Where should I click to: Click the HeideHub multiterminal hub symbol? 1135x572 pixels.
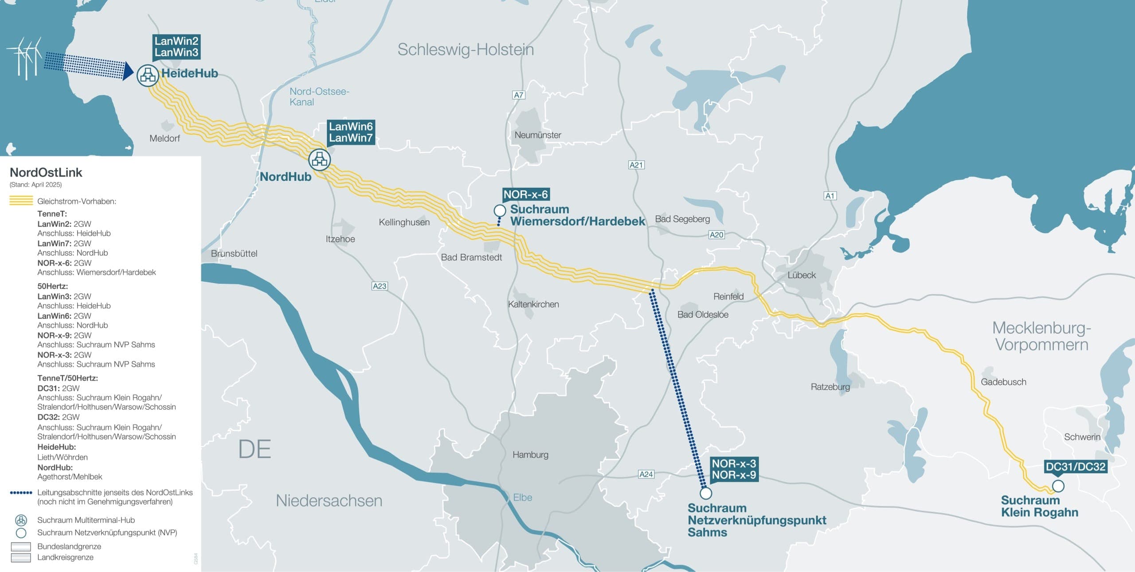click(x=148, y=75)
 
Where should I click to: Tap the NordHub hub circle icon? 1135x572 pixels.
click(x=319, y=160)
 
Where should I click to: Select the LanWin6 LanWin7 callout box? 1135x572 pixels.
click(x=351, y=132)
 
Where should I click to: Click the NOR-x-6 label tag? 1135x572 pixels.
click(x=526, y=195)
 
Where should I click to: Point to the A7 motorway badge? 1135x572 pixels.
click(x=518, y=95)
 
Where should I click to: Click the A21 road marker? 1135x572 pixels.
click(x=636, y=165)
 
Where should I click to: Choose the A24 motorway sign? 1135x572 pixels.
click(x=646, y=474)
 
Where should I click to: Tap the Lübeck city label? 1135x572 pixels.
click(x=802, y=275)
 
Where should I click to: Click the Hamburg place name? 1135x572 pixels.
click(x=530, y=455)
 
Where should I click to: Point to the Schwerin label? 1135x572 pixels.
click(x=1082, y=437)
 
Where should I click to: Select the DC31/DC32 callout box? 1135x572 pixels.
click(x=1075, y=467)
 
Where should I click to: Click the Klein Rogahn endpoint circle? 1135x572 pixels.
click(x=1058, y=486)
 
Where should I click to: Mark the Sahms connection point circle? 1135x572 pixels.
click(x=705, y=493)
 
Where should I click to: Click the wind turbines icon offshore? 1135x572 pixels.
click(x=24, y=58)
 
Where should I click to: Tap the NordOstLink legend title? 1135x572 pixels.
click(x=46, y=172)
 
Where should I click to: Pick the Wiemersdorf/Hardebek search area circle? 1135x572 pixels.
click(x=500, y=210)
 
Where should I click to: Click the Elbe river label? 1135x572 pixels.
click(x=522, y=498)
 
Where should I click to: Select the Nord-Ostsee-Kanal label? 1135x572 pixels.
click(x=319, y=97)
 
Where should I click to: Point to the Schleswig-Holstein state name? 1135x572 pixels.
click(x=466, y=50)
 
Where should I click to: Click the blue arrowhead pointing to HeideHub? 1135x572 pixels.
click(x=128, y=71)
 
